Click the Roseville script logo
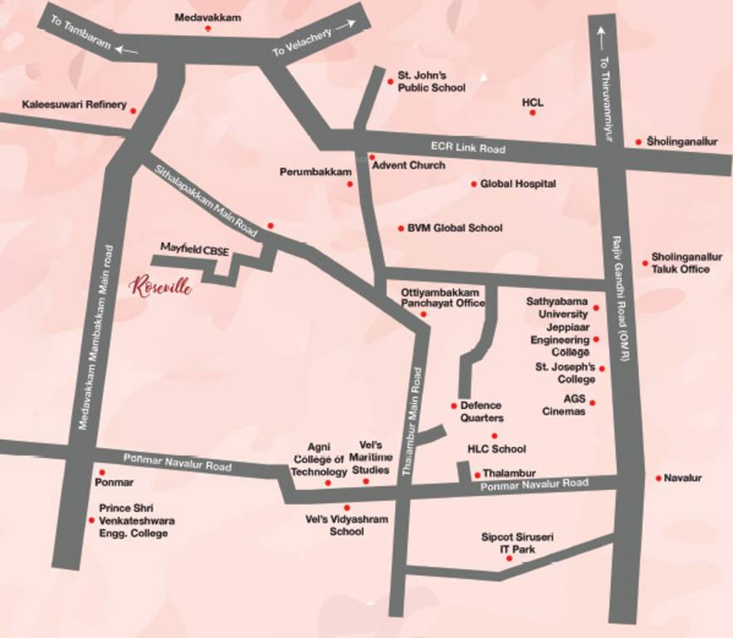click(163, 287)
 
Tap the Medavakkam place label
click(208, 17)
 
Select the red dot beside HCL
click(532, 112)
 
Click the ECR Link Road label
click(467, 148)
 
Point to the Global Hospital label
click(518, 184)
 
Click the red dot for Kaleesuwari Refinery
click(133, 110)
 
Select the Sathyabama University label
click(557, 307)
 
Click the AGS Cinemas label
click(564, 405)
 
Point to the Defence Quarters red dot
click(454, 405)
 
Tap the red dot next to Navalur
click(658, 478)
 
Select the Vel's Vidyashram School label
click(347, 525)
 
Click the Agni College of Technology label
click(319, 459)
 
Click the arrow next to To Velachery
click(345, 25)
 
